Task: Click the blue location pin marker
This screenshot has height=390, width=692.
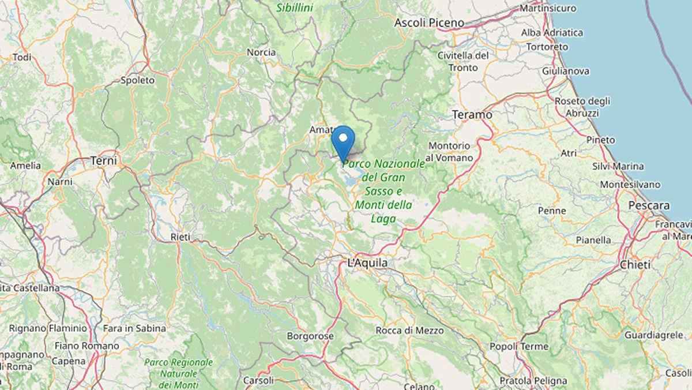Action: [343, 139]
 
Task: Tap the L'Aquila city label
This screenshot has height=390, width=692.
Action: [368, 263]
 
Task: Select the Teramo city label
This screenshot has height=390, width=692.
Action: [472, 115]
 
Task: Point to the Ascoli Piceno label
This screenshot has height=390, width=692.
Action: [429, 23]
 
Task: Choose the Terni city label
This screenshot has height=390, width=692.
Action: [104, 160]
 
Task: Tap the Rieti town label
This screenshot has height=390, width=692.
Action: [180, 237]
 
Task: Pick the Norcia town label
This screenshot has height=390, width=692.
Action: [261, 52]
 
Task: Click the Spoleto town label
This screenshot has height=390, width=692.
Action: [138, 81]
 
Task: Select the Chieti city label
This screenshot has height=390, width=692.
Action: [635, 265]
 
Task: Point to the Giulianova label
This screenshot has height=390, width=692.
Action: [566, 71]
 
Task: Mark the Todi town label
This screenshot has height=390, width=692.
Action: [22, 57]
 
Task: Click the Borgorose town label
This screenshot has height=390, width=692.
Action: [310, 335]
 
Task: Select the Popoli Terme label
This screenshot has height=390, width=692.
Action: [518, 346]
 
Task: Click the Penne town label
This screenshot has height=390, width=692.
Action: [552, 211]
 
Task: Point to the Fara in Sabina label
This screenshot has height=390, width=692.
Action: [134, 328]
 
